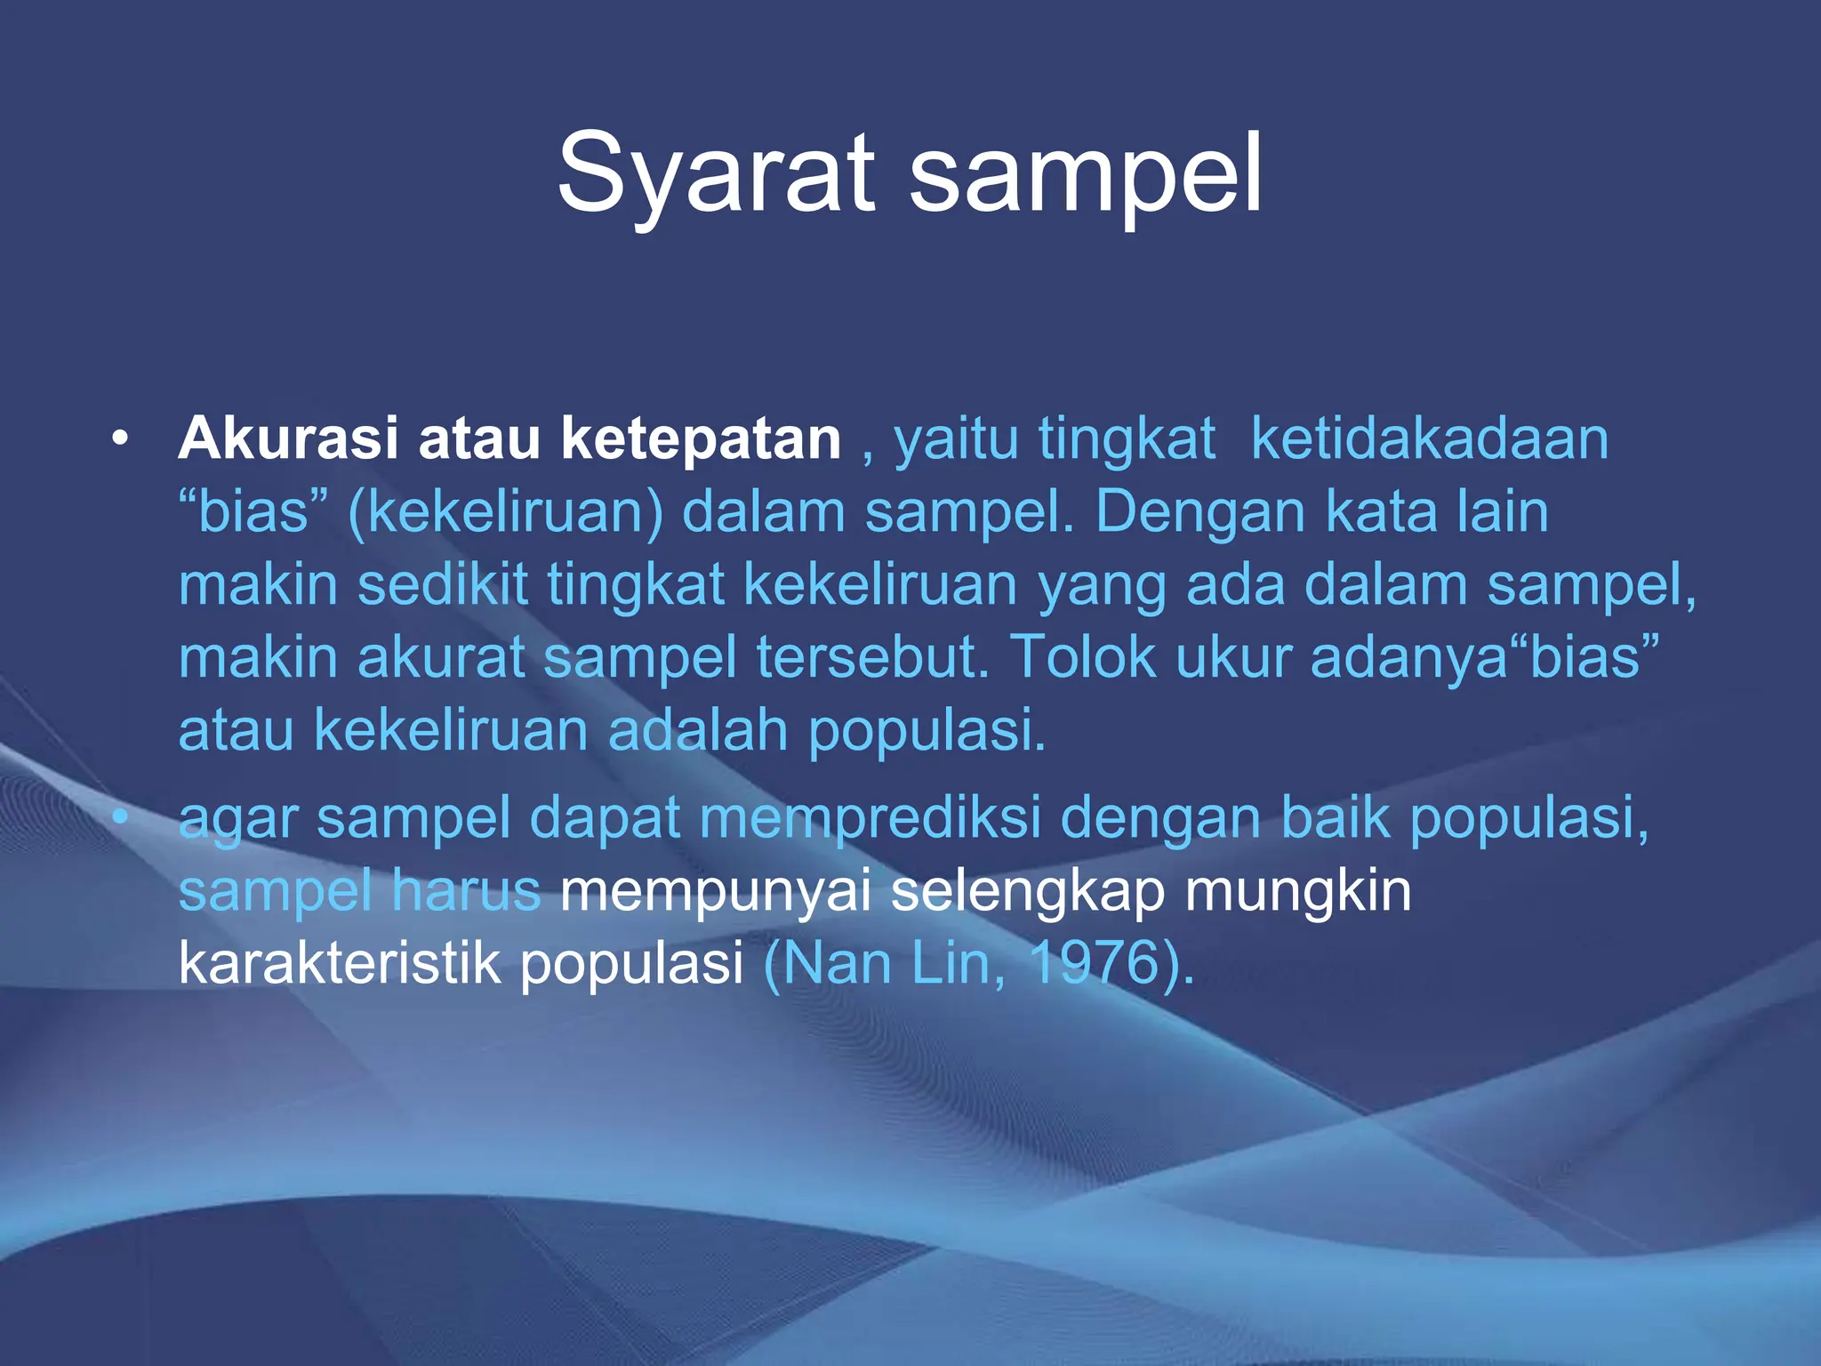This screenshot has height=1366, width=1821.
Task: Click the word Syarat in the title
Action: (716, 173)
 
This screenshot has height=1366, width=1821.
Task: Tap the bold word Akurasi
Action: (287, 438)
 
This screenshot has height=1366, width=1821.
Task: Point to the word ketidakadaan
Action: (1429, 438)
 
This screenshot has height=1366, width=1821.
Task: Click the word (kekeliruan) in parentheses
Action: (505, 512)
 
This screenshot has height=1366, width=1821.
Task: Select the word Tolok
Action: (1083, 658)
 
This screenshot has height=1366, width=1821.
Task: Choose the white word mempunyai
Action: (715, 892)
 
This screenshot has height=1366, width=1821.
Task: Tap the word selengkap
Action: (1027, 892)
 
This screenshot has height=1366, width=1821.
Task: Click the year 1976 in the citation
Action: (1093, 963)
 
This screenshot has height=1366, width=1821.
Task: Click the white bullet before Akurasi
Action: (121, 438)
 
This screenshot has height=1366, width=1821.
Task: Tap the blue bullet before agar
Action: (121, 816)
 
